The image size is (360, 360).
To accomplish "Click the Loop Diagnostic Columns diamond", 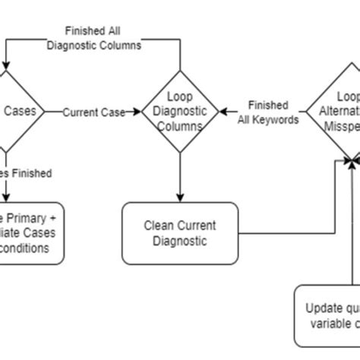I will point(179,112).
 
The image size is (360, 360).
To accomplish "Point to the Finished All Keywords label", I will point(267,112).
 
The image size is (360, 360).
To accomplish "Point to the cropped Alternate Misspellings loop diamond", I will point(338,112).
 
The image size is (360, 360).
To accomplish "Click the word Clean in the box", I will point(158,226).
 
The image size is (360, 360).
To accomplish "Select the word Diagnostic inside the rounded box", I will point(179,241).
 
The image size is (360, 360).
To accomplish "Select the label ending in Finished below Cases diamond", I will point(27,173).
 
